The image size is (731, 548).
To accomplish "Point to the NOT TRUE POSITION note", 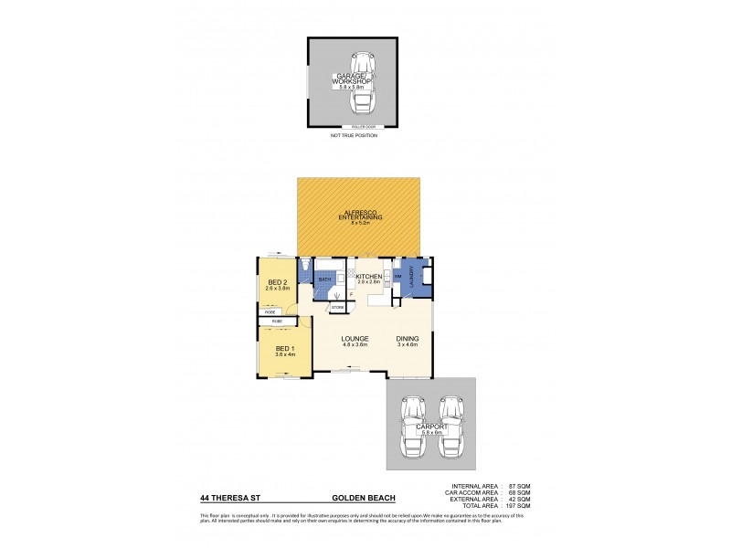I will (354, 135).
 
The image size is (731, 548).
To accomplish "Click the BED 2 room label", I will (276, 282).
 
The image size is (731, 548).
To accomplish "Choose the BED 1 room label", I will (285, 350).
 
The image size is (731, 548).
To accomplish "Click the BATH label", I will (324, 279).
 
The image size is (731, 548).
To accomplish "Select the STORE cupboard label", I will (336, 308).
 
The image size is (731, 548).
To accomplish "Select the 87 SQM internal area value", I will (520, 484).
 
